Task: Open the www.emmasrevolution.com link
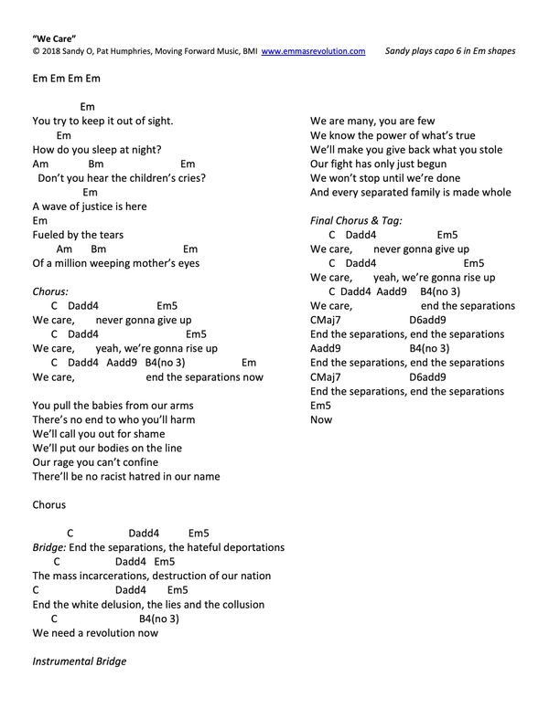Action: tap(314, 52)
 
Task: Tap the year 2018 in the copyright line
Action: tap(51, 52)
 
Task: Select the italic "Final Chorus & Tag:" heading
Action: tap(356, 220)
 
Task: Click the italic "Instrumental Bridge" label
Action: tap(79, 660)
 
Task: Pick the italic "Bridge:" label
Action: tap(48, 547)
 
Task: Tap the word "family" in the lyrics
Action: tap(430, 192)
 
